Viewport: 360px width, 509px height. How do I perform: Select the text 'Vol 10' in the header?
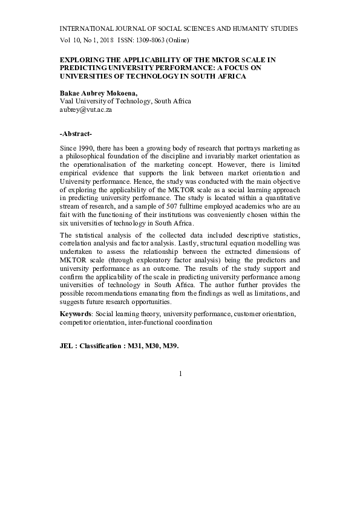pos(68,41)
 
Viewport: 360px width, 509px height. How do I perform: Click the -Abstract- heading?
pos(76,133)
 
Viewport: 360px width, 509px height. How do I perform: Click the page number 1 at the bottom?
pos(180,374)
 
